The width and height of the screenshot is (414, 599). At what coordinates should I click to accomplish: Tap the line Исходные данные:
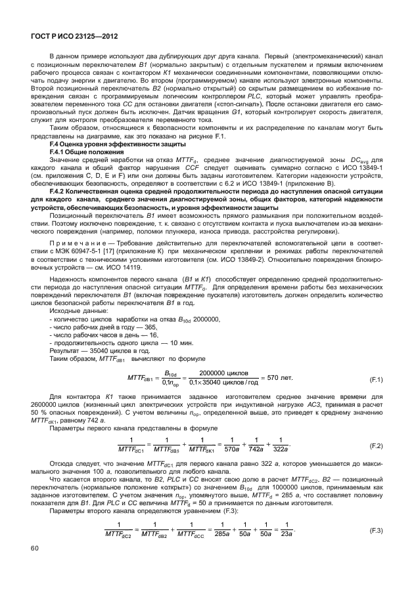point(77,310)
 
